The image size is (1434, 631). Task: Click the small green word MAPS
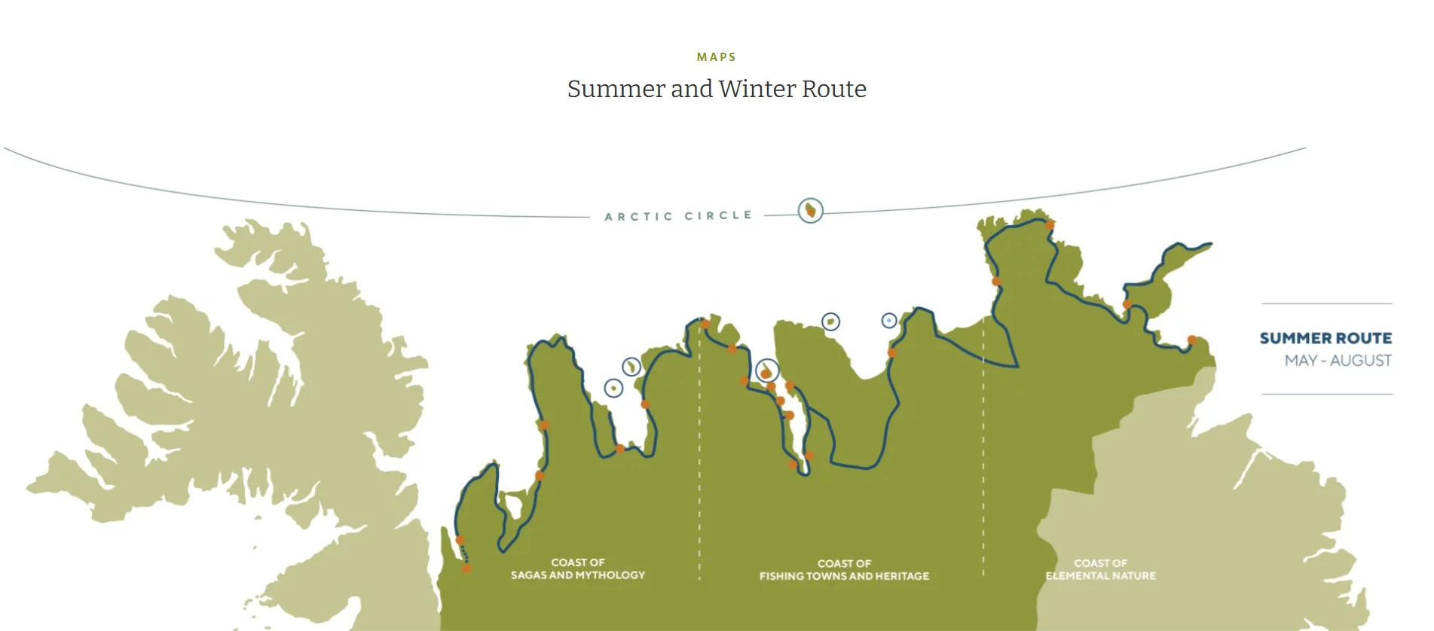[716, 57]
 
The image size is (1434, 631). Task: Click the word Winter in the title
[757, 89]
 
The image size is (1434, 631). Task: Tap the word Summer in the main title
[616, 89]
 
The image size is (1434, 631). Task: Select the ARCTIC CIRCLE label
[678, 216]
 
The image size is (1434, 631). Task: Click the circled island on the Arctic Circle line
[810, 210]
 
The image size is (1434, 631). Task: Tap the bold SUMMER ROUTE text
[1325, 338]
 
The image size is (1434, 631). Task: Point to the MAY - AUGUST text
[1338, 361]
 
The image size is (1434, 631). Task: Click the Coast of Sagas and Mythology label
[578, 569]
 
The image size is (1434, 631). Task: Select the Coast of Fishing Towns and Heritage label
[844, 569]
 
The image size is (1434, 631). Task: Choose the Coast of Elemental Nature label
[1100, 569]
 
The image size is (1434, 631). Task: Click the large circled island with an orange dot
[766, 371]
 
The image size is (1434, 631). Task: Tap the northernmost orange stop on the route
[1050, 224]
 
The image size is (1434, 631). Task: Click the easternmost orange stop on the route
[1192, 340]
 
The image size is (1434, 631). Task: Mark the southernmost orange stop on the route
[466, 569]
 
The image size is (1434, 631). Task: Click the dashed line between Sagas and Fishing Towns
[699, 452]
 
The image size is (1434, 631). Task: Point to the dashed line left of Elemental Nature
[983, 452]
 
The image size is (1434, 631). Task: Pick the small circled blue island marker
[889, 321]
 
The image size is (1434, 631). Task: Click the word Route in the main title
[834, 89]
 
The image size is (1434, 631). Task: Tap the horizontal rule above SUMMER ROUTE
[1327, 303]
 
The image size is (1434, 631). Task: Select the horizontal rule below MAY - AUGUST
[1327, 394]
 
